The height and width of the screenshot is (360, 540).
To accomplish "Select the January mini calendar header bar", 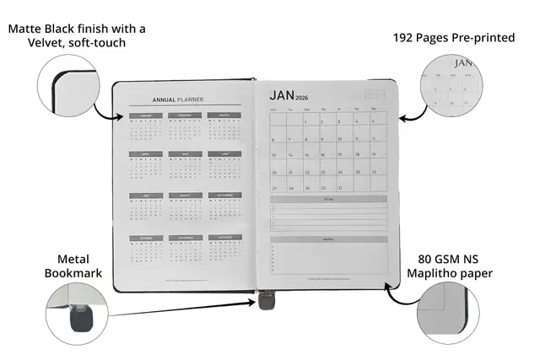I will click(x=145, y=116).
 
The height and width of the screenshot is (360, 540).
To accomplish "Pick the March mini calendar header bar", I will click(x=224, y=116).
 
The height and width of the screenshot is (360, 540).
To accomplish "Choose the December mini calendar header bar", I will click(x=224, y=237).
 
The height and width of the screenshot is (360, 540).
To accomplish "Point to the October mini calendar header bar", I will click(x=145, y=237).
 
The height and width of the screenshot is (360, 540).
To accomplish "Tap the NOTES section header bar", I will click(x=329, y=239).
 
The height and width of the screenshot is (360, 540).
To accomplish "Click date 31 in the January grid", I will click(x=339, y=187).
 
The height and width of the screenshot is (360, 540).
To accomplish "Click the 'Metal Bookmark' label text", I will click(x=79, y=266).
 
